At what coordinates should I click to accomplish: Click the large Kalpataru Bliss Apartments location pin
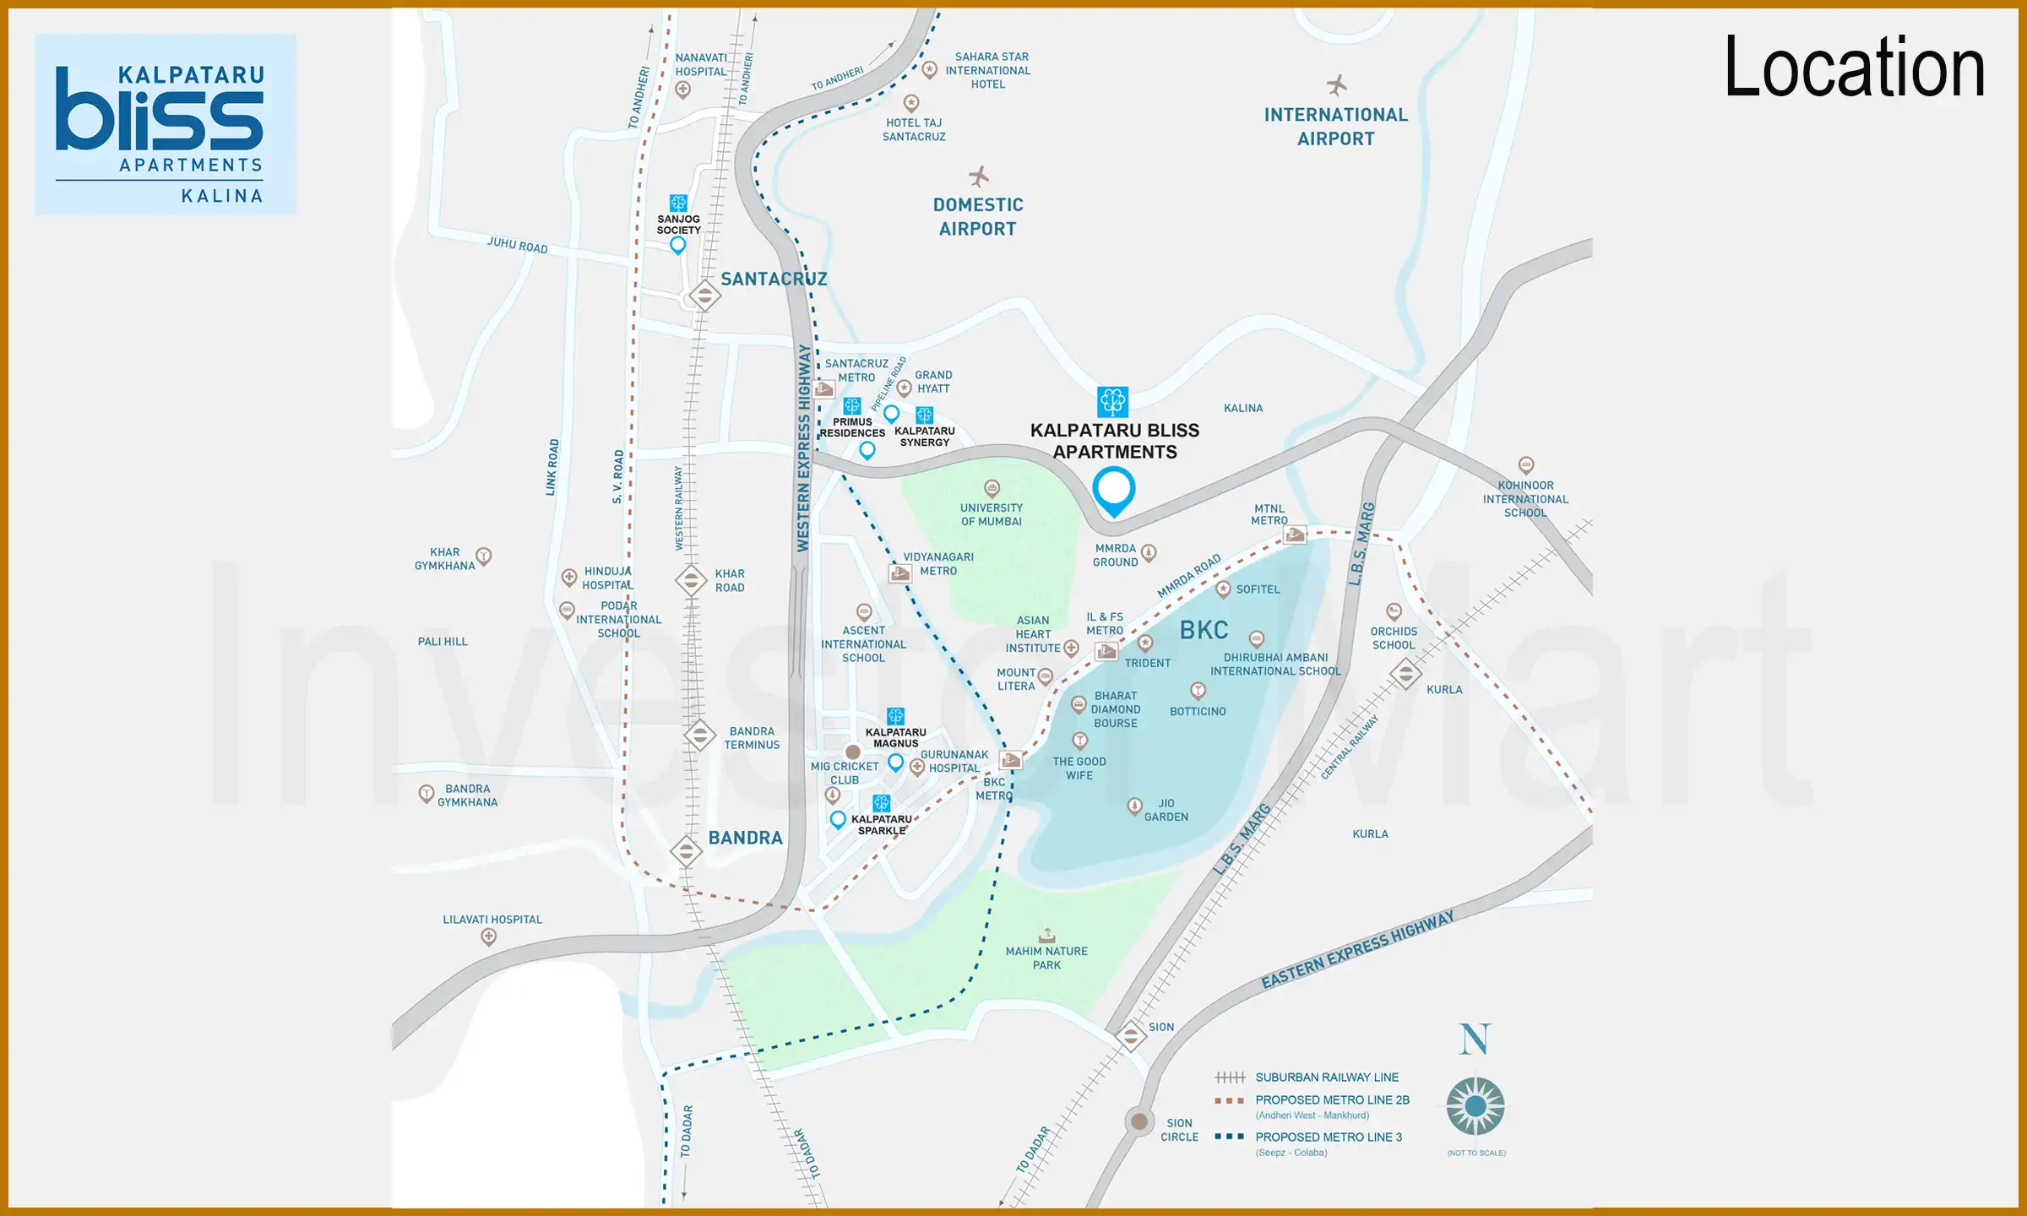[1114, 491]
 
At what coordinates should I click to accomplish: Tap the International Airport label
[1335, 127]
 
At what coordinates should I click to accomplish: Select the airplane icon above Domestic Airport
[979, 176]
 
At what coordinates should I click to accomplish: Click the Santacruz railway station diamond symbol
[704, 296]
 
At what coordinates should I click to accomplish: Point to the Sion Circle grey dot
[1139, 1121]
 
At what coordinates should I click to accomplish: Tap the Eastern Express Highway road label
[1357, 950]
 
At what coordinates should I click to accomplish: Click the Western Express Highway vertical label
[803, 448]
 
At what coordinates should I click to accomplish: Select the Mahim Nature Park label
[1046, 958]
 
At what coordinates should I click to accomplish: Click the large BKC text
[1204, 630]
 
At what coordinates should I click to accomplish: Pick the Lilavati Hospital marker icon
[488, 936]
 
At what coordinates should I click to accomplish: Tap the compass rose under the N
[1475, 1105]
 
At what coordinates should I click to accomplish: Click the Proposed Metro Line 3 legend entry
[1328, 1137]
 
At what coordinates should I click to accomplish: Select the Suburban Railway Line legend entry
[1326, 1078]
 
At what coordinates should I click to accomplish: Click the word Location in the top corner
[1854, 68]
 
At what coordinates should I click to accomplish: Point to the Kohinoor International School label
[1525, 499]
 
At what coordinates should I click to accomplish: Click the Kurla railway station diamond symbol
[1405, 674]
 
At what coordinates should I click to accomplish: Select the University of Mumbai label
[991, 514]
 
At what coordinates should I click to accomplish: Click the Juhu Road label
[517, 246]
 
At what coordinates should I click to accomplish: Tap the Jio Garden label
[1166, 810]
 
